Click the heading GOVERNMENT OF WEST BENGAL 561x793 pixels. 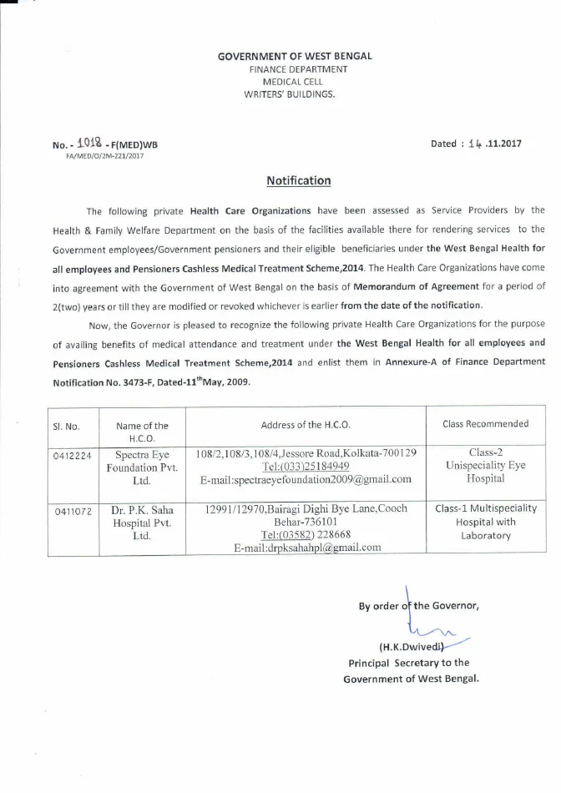[295, 56]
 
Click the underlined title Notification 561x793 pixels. [298, 180]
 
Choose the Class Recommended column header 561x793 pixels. [485, 424]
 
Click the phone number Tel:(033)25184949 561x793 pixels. [306, 466]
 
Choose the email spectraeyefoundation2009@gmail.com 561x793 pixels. [306, 479]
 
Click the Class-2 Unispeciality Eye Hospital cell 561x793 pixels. [486, 467]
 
